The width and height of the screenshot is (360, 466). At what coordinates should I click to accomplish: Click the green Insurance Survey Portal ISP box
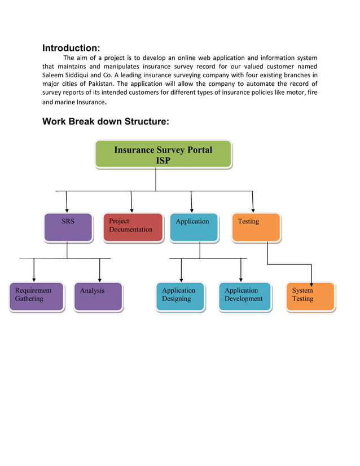(163, 154)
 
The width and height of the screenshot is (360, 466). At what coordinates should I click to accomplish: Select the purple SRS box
(68, 227)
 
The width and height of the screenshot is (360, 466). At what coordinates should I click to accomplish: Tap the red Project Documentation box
(133, 227)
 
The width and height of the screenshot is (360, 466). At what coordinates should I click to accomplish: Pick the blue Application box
(194, 227)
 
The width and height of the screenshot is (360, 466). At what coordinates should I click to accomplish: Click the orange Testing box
(256, 227)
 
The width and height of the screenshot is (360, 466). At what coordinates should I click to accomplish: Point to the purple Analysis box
(98, 296)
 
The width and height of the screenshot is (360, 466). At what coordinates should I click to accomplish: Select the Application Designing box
(180, 296)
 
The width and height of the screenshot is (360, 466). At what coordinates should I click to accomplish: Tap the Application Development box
(244, 296)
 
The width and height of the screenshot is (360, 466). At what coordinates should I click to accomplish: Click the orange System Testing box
(310, 296)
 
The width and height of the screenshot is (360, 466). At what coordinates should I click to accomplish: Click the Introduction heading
(71, 48)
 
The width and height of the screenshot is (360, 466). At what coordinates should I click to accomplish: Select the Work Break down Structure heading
(106, 121)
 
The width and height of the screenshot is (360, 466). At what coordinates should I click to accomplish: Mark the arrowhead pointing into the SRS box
(67, 210)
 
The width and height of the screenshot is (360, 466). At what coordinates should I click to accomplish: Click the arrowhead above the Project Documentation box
(132, 210)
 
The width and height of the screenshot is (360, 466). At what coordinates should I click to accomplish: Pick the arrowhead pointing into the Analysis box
(100, 279)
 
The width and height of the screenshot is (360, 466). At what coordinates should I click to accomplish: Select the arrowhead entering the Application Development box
(241, 279)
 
